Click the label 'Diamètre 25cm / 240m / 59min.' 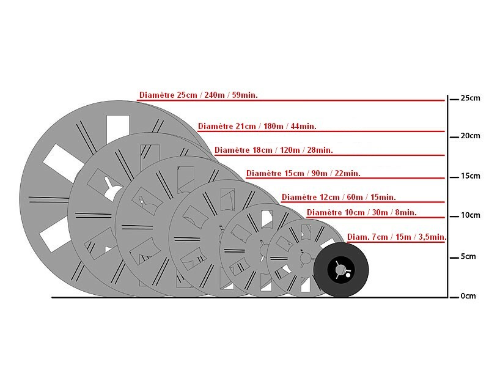click(198, 95)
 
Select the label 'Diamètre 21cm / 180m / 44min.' click(257, 126)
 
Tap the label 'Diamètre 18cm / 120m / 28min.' click(273, 150)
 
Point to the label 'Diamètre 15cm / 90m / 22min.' click(303, 173)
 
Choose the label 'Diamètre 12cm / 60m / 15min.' click(339, 197)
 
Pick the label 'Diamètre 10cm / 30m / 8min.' click(362, 212)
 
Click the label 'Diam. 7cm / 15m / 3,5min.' click(397, 237)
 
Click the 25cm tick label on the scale click(470, 98)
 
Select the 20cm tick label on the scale click(470, 136)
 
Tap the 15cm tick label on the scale click(470, 176)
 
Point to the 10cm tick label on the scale click(470, 215)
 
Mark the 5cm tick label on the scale click(468, 256)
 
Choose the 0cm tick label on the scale click(468, 296)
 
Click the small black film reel click(341, 270)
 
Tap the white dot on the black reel click(348, 275)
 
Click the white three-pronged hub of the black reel click(340, 270)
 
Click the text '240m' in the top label click(215, 95)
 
